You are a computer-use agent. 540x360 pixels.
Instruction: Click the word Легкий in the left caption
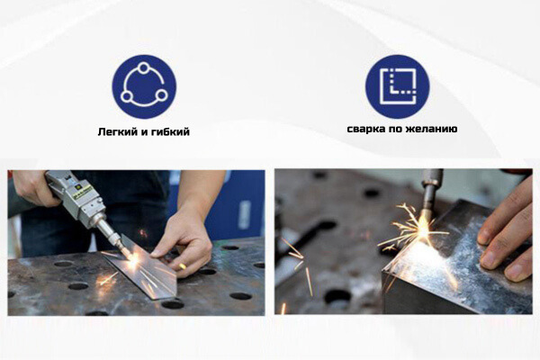pos(114,132)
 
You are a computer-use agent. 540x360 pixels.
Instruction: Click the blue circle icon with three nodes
pos(144,86)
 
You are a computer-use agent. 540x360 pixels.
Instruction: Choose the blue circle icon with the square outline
pos(398,86)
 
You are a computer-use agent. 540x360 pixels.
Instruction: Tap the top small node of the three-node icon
pos(144,67)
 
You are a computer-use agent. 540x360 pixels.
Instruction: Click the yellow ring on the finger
pos(183,266)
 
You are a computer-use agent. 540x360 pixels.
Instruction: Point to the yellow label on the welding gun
pos(82,193)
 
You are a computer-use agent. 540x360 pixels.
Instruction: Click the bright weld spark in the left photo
pos(133,259)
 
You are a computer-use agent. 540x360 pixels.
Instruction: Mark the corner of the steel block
pos(383,273)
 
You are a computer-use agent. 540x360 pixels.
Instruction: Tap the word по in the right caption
pos(395,130)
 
